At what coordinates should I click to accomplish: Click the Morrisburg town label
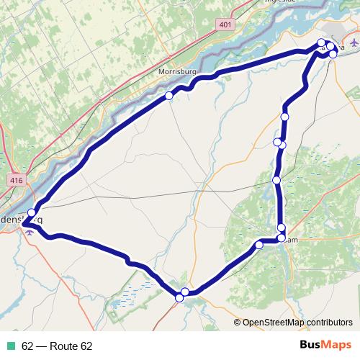click(176, 73)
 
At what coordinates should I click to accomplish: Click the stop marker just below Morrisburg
click(169, 95)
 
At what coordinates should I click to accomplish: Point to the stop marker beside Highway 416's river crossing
click(32, 212)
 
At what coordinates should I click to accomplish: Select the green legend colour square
click(12, 346)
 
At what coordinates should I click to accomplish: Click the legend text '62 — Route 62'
click(57, 346)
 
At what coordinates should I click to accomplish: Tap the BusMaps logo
click(325, 346)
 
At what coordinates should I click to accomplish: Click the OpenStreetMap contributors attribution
click(297, 322)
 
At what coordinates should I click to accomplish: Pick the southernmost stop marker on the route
click(179, 297)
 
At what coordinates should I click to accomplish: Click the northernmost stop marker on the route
click(321, 42)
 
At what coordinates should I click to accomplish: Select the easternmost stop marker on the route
click(333, 54)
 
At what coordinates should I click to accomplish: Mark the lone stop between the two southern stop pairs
click(259, 246)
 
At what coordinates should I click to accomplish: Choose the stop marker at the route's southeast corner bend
click(281, 238)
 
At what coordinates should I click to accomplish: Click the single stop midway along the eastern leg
click(276, 179)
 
